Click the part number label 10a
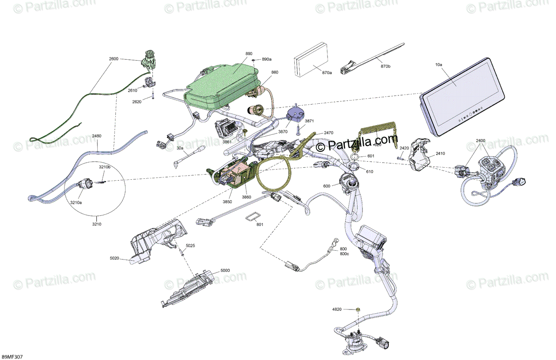(x=438, y=65)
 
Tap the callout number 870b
(x=385, y=67)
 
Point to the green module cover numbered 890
(x=222, y=83)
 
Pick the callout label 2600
(x=114, y=59)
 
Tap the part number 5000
(x=225, y=270)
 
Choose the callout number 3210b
(x=104, y=167)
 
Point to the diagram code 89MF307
(x=12, y=357)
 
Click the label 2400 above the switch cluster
(x=480, y=140)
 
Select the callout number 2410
(x=440, y=154)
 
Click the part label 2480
(x=97, y=136)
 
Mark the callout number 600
(x=327, y=186)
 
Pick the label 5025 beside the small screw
(x=190, y=245)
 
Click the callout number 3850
(x=227, y=202)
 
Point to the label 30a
(x=180, y=148)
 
